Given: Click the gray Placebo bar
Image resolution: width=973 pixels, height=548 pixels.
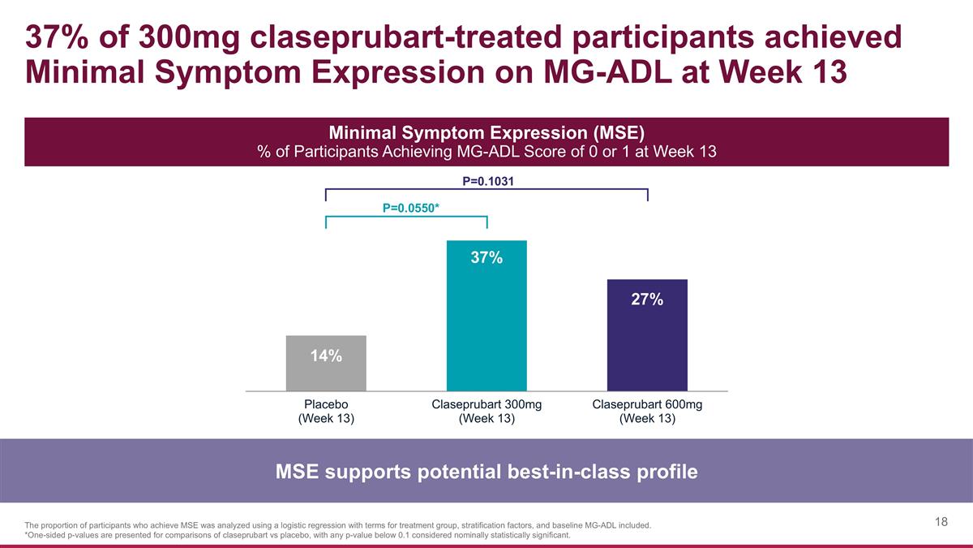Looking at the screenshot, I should [326, 363].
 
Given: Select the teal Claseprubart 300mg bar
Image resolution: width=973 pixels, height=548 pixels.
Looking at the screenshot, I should [486, 317].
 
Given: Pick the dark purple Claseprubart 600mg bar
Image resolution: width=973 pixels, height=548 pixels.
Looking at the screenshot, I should [647, 335].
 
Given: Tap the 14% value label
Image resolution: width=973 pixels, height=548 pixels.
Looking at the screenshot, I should [326, 356].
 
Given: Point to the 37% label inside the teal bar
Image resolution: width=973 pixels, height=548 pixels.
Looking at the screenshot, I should [487, 258].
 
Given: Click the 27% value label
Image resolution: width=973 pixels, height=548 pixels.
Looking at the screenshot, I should [647, 300].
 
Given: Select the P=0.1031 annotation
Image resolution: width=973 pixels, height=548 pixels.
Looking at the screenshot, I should [487, 180].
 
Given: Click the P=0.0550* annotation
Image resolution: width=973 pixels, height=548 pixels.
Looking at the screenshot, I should [411, 208].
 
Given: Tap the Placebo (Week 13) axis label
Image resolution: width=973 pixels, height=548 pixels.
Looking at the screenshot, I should [326, 412].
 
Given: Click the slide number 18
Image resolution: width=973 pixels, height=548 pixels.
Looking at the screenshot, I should [941, 522].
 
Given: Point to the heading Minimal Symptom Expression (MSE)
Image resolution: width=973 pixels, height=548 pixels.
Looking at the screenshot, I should [486, 132].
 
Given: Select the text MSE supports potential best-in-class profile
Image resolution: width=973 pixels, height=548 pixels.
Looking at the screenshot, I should [486, 472].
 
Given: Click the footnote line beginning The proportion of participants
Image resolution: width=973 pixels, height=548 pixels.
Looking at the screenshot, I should [337, 525].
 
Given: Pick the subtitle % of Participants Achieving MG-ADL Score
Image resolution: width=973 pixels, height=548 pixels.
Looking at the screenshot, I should [486, 152].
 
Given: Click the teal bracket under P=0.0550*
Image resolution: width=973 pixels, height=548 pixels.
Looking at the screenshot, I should [405, 217].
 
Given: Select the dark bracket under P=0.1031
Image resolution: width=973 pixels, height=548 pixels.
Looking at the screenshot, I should [486, 190].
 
